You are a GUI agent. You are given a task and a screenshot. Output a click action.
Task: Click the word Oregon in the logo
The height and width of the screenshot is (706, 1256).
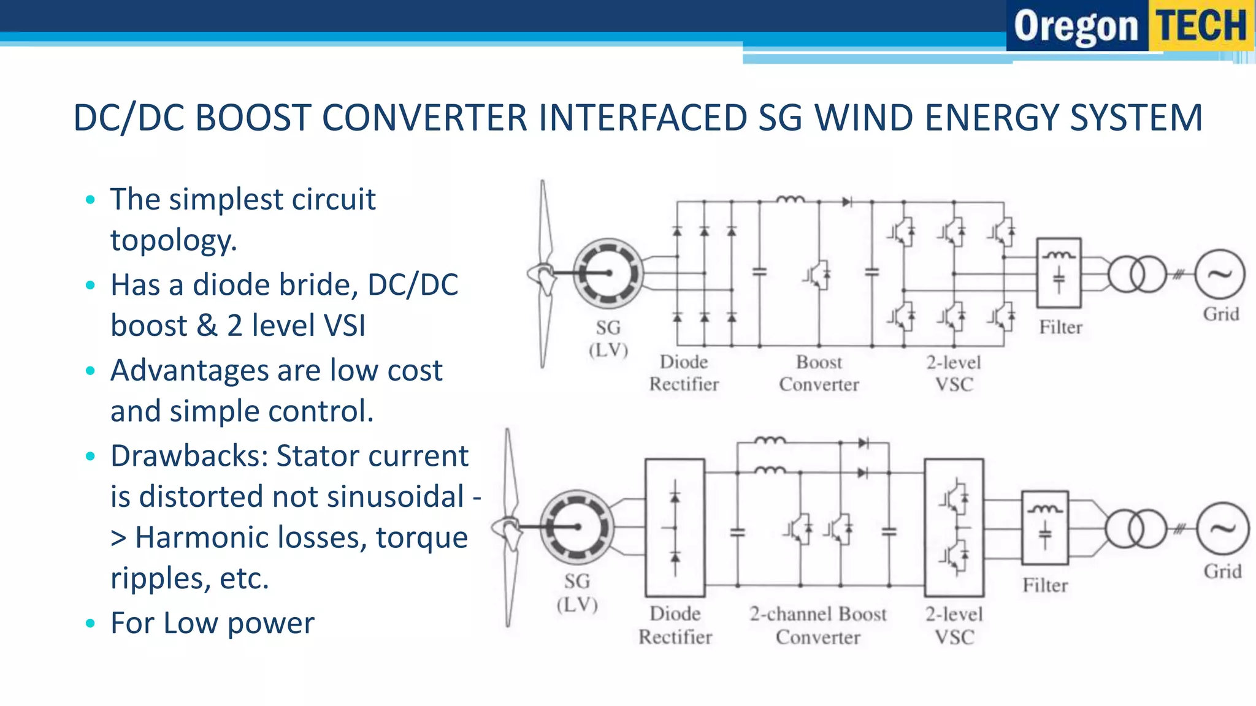[x=1076, y=27]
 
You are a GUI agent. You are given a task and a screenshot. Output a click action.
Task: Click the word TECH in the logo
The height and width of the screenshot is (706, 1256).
[x=1201, y=26]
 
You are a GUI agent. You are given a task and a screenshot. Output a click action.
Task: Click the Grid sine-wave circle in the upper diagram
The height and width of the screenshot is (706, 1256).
[x=1220, y=275]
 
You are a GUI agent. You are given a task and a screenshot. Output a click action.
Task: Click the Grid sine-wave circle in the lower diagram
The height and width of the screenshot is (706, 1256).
[x=1222, y=529]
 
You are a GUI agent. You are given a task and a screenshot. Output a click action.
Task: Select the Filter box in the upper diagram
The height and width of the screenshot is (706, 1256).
[x=1059, y=273]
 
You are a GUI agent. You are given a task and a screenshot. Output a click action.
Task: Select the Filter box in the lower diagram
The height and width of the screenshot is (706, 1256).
[x=1044, y=528]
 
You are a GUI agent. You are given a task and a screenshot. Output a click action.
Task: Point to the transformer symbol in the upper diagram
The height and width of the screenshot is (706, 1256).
[x=1136, y=275]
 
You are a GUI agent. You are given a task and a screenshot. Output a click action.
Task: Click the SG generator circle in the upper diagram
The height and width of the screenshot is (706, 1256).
[x=608, y=273]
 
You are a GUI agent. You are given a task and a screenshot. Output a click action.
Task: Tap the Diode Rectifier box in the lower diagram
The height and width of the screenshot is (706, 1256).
[x=675, y=528]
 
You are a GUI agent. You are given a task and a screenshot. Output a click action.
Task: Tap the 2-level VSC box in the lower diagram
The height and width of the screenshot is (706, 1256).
[x=954, y=528]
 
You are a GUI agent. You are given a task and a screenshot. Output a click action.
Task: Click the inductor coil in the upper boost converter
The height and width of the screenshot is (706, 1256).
[x=790, y=199]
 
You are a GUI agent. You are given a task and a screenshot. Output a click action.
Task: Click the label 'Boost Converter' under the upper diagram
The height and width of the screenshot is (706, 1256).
[x=819, y=373]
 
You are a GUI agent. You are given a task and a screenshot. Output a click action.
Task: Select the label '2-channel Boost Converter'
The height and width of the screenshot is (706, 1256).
[x=818, y=625]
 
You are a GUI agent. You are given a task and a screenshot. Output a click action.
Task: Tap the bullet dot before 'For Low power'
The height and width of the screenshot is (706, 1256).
[x=91, y=624]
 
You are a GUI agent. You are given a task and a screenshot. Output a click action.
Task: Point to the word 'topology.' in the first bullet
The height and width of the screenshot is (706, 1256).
[x=174, y=240]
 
